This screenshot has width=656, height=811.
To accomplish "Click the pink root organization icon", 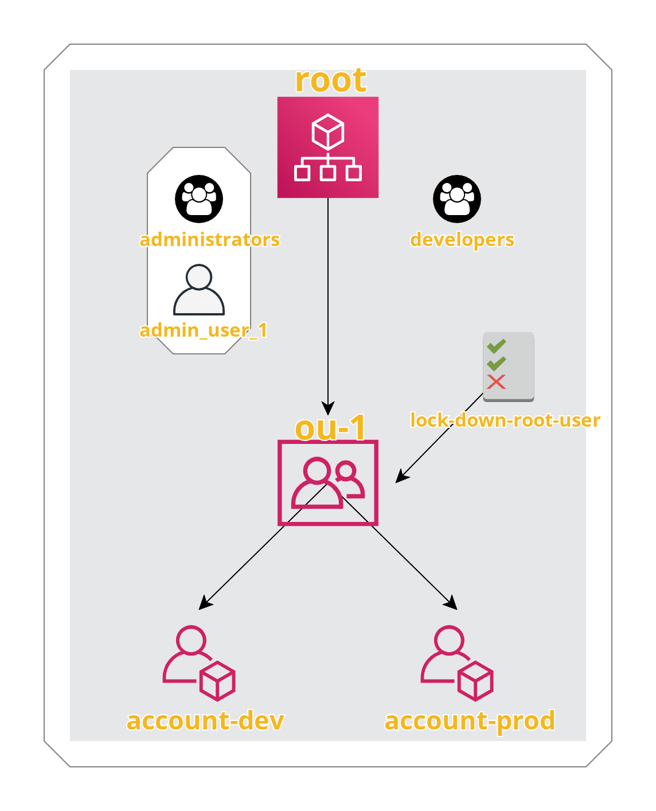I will [x=328, y=147].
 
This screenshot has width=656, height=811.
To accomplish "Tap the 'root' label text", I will [x=330, y=80].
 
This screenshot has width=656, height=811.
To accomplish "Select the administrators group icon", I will [x=199, y=199].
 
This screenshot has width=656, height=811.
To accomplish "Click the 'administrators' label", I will [x=210, y=239].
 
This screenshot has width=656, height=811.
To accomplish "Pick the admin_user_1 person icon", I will [x=199, y=290].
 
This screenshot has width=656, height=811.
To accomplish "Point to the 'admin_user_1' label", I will [x=204, y=330].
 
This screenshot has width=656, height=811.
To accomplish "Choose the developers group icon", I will [x=457, y=199].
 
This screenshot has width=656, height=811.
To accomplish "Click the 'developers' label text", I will [x=462, y=239].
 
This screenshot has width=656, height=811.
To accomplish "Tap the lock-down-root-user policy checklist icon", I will [x=508, y=366].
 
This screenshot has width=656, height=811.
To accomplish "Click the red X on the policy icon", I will [x=496, y=382].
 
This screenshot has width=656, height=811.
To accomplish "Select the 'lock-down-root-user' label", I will [x=505, y=420].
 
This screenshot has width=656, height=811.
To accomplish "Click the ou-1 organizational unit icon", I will [x=328, y=483].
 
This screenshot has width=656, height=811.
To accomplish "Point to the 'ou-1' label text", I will [x=330, y=428].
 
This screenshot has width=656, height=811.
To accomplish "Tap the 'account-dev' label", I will [x=205, y=721].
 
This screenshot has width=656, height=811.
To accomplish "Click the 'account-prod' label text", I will [x=470, y=721].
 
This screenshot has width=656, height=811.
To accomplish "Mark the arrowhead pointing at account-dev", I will [x=204, y=604].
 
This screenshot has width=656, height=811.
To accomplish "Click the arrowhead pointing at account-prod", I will [x=452, y=604].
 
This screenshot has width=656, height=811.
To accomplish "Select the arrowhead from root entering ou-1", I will [x=328, y=408].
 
